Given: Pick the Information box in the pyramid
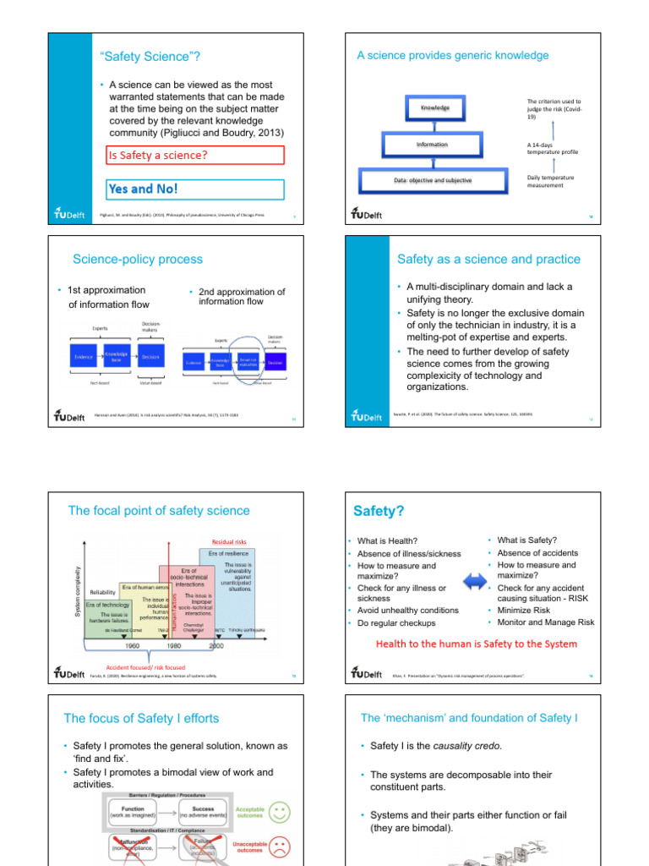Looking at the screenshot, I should [432, 145].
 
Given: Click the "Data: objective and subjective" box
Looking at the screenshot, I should [433, 180].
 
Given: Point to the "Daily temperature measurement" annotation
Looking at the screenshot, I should [550, 182].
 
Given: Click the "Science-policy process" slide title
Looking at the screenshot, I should [138, 260].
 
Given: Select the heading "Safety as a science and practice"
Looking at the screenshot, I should [488, 260].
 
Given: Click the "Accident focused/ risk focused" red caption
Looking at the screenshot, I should [145, 666].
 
